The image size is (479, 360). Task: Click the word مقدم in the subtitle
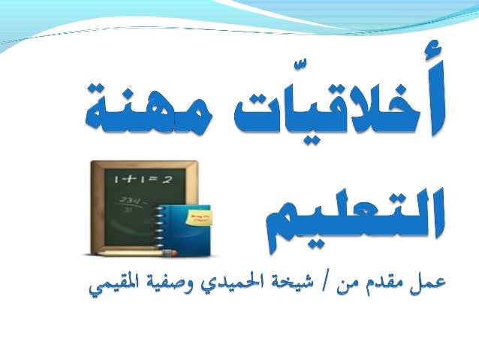(x=380, y=284)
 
